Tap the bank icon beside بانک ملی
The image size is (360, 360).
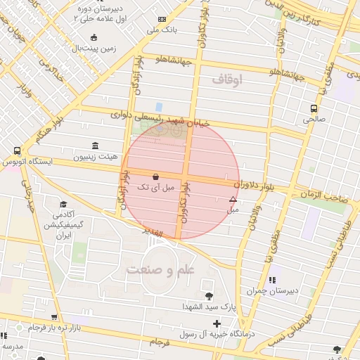(163, 19)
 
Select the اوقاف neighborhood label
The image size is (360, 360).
(226, 81)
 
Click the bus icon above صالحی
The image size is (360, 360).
(314, 108)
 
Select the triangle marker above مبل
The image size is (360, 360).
(233, 200)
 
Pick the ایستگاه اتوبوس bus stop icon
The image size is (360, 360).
(17, 150)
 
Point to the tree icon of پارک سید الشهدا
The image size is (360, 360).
(208, 295)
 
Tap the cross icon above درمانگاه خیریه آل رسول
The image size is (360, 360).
(217, 324)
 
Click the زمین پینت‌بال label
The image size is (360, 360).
(87, 49)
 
